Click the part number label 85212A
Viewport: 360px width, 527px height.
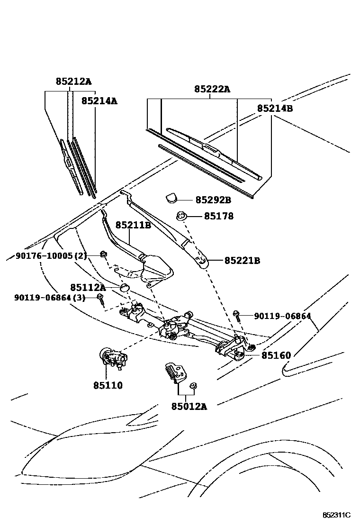click(x=73, y=82)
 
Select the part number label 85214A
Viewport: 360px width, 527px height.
click(x=99, y=100)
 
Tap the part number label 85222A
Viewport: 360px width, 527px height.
click(x=212, y=89)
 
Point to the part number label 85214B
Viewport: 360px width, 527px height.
click(x=275, y=109)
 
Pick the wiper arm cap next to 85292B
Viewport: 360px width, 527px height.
click(x=171, y=197)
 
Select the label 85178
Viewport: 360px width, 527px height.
click(x=219, y=217)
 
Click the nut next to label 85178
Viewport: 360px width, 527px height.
click(x=180, y=217)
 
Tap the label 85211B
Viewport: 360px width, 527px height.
click(x=133, y=225)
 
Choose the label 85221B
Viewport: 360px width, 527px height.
click(x=242, y=261)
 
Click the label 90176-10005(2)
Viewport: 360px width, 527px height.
click(x=51, y=256)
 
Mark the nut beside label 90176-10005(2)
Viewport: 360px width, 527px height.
click(x=103, y=255)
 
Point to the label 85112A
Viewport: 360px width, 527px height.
click(x=88, y=287)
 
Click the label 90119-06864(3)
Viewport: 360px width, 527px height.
click(x=50, y=298)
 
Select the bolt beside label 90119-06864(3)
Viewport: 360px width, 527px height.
click(x=100, y=299)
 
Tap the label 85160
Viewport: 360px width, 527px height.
click(x=276, y=355)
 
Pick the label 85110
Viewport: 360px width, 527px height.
click(x=108, y=385)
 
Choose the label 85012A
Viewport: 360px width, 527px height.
click(x=189, y=406)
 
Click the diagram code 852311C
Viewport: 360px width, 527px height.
click(x=336, y=515)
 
